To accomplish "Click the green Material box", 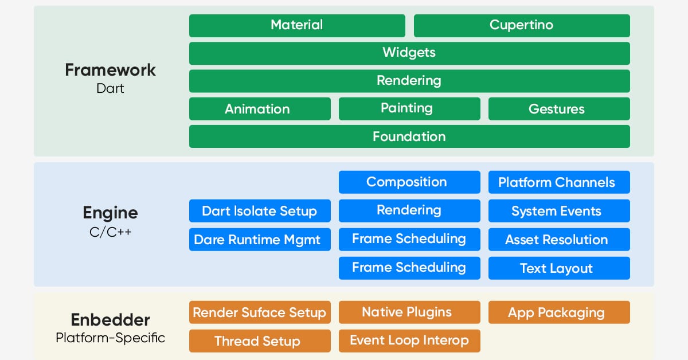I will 297,25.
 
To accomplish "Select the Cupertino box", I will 522,25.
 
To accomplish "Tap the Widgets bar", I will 409,53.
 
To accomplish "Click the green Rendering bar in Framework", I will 409,81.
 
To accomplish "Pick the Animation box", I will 260,109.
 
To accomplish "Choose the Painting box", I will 409,108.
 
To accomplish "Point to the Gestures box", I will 559,109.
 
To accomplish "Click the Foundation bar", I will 409,136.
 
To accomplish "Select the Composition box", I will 409,182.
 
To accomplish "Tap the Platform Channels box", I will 559,182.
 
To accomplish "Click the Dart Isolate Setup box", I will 260,211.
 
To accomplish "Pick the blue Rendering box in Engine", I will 409,210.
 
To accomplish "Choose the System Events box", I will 559,211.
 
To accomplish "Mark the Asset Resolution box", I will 559,240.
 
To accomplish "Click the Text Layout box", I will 559,268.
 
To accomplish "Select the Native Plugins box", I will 409,312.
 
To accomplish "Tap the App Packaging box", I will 559,312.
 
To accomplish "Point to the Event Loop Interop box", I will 409,341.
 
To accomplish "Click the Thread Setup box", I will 260,341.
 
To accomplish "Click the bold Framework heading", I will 110,70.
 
